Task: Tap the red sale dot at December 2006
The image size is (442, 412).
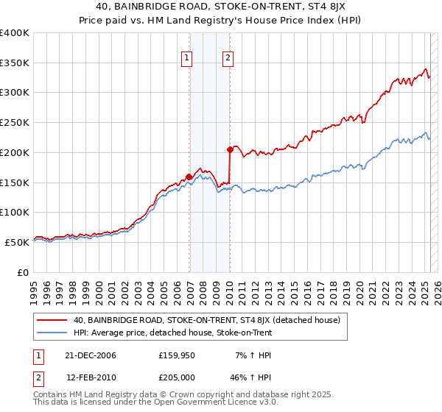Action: pyautogui.click(x=189, y=177)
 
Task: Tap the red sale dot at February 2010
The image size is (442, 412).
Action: pyautogui.click(x=230, y=149)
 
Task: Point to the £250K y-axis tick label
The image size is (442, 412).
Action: pyautogui.click(x=15, y=123)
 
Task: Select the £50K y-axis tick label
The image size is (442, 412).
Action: pyautogui.click(x=17, y=242)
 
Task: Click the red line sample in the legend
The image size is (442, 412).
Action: pyautogui.click(x=52, y=321)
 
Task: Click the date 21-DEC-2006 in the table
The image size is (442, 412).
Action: pyautogui.click(x=91, y=355)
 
